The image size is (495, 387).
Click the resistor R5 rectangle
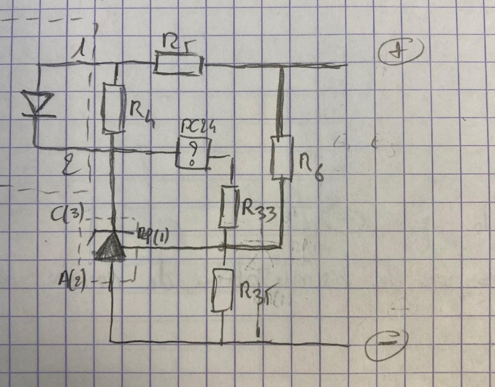pyautogui.click(x=179, y=63)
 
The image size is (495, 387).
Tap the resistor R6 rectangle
pyautogui.click(x=281, y=157)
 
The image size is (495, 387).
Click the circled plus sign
pyautogui.click(x=401, y=51)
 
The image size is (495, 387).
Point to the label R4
pyautogui.click(x=142, y=114)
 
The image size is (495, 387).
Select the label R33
pyautogui.click(x=259, y=212)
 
